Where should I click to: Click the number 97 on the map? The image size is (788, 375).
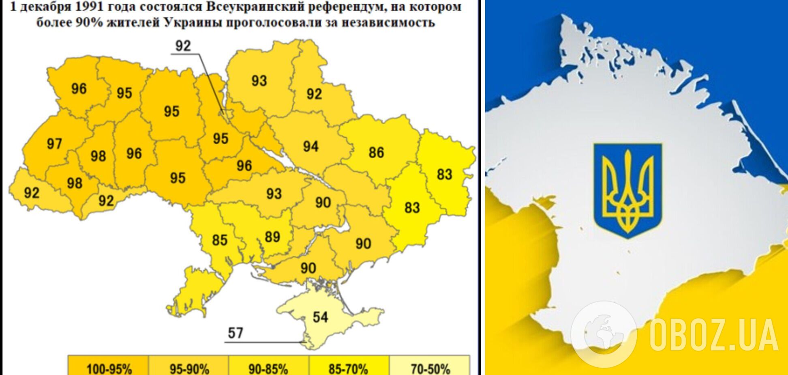54,144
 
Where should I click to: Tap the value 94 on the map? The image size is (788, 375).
310,146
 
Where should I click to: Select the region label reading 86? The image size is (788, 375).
376,153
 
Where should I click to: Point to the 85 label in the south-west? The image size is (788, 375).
220,240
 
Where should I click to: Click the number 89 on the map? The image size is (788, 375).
272,237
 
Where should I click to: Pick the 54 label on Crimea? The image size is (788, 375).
320,317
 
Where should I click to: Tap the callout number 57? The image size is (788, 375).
235,333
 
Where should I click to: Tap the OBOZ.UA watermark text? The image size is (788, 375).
713,334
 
